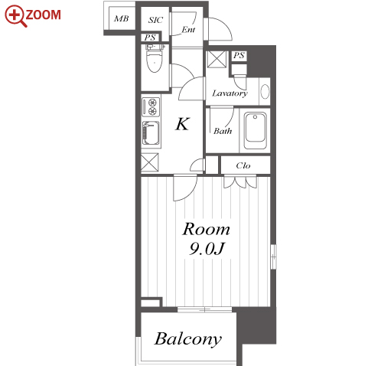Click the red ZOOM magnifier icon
[x=16, y=15]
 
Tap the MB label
[x=121, y=18]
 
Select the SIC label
[x=155, y=20]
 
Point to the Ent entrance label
[x=188, y=30]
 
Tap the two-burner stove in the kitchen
[x=151, y=106]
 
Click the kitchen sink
[x=151, y=133]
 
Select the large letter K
[x=183, y=124]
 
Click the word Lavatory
[x=230, y=93]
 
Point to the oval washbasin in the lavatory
[x=265, y=91]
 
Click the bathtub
[x=255, y=131]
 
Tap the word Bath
[x=223, y=131]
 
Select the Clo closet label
[x=243, y=165]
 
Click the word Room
[x=206, y=229]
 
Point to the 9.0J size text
[x=207, y=248]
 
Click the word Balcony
[x=188, y=339]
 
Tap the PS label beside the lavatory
[x=239, y=55]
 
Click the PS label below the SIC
[x=150, y=38]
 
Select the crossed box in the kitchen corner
[x=150, y=162]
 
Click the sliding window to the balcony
[x=204, y=309]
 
